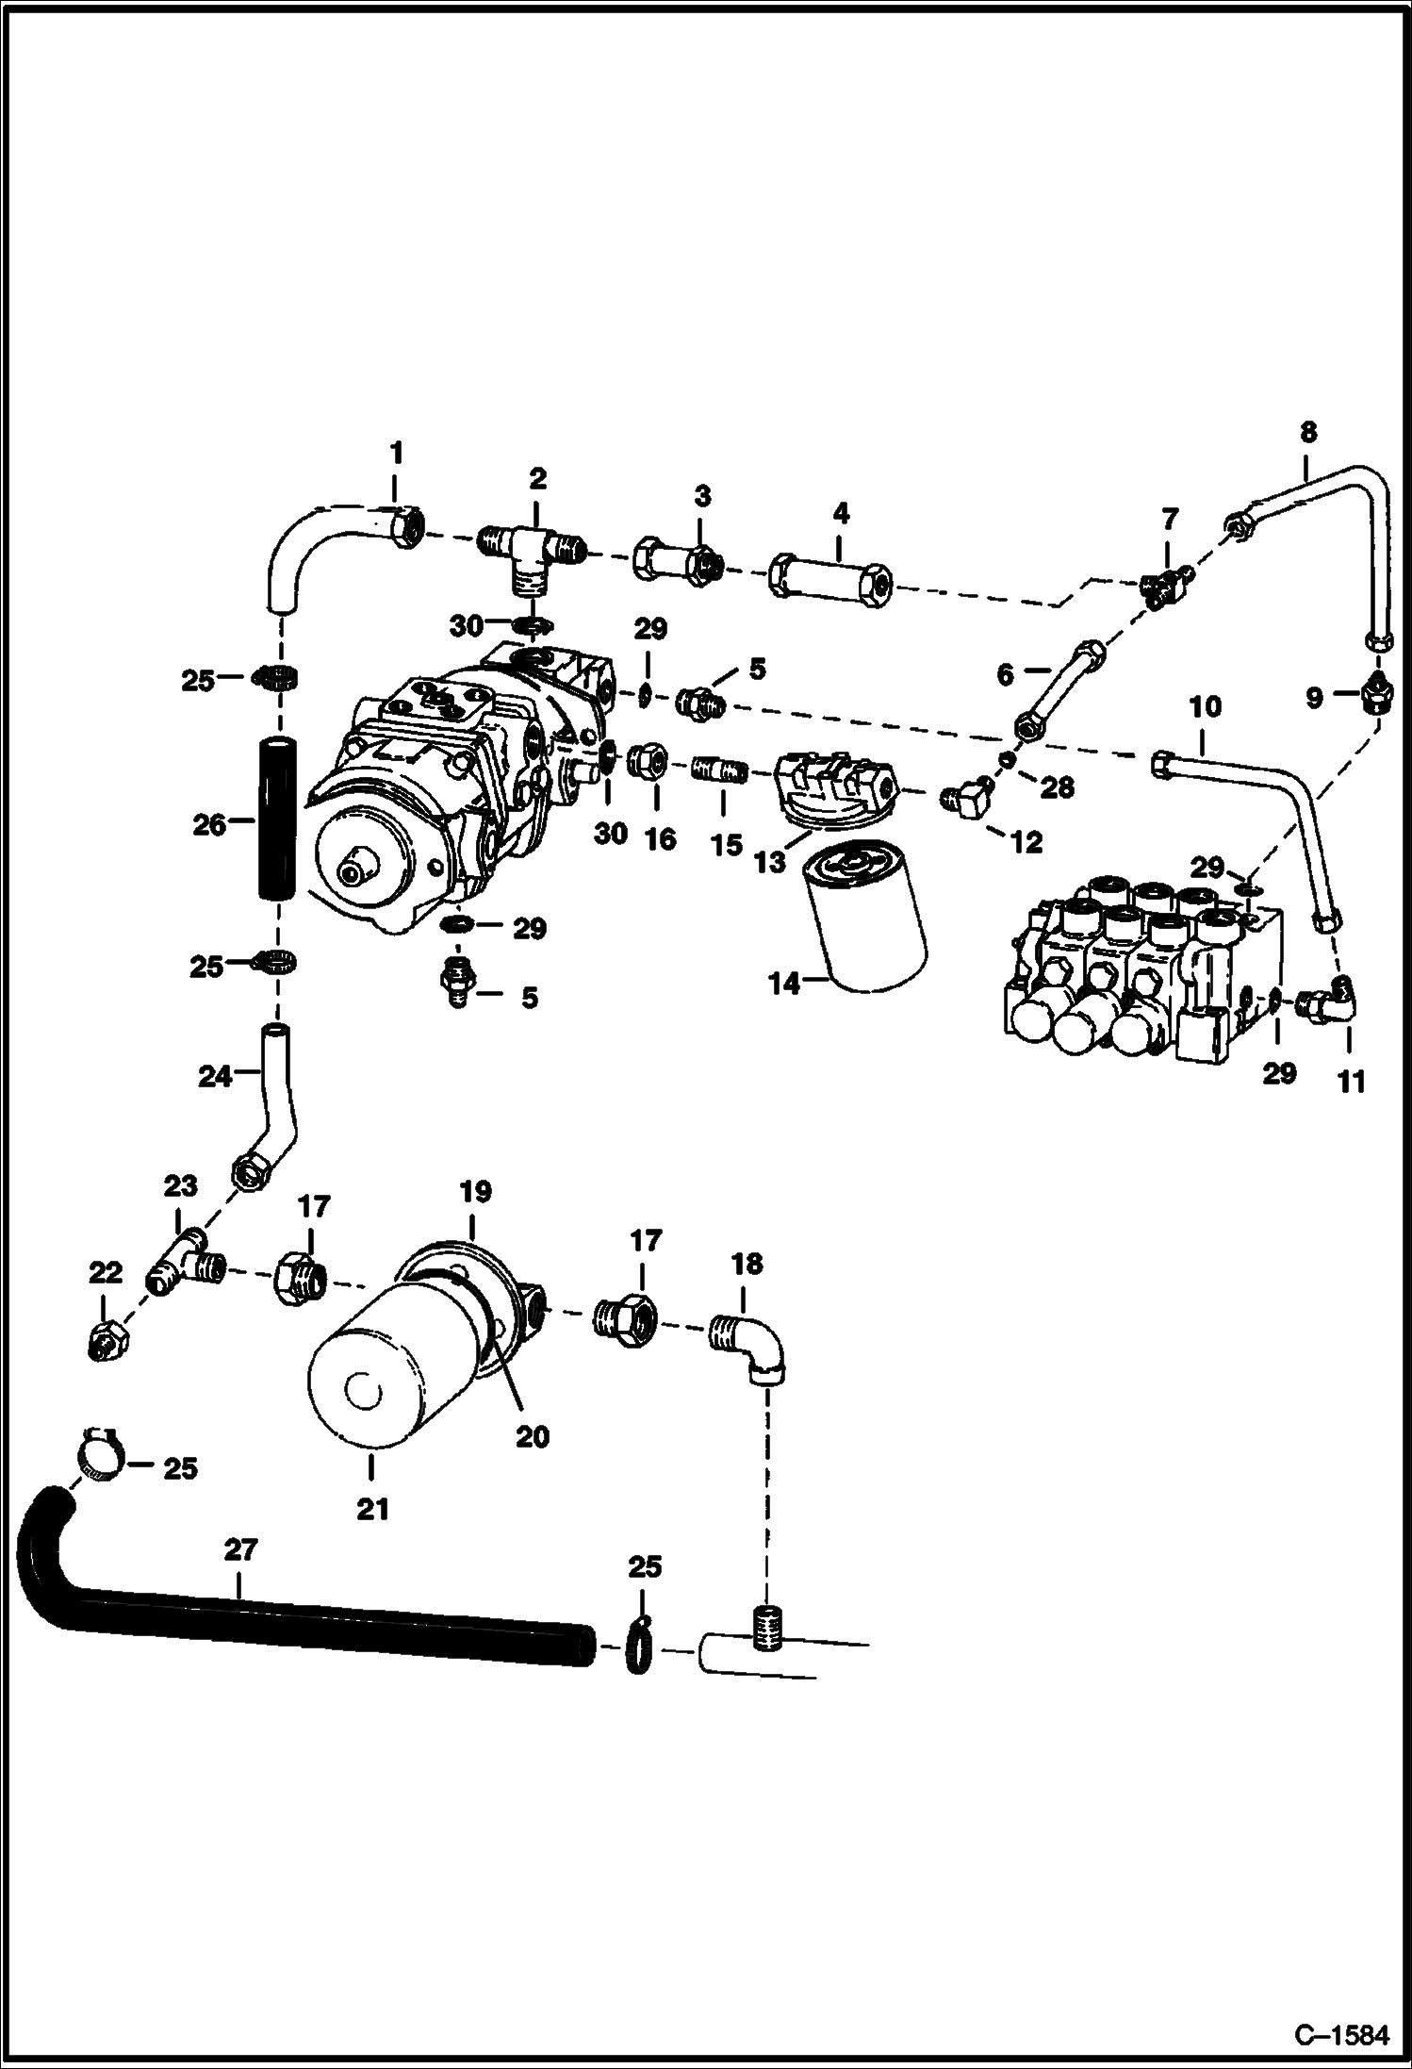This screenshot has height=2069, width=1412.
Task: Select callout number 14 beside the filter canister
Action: click(x=784, y=984)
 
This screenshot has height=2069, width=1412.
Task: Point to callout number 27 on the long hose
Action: click(x=240, y=1576)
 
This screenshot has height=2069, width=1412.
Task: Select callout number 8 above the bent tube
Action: click(x=1307, y=433)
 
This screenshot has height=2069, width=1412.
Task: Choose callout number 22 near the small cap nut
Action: click(x=106, y=1274)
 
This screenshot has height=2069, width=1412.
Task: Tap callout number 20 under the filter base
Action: click(x=533, y=1436)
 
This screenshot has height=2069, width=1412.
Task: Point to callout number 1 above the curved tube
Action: click(x=396, y=454)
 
